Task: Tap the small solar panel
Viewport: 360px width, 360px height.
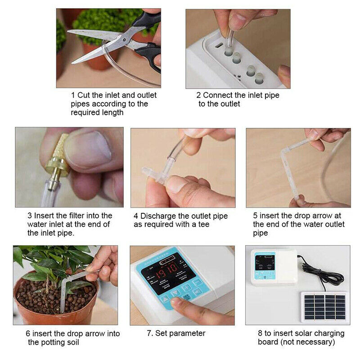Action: click(x=324, y=307)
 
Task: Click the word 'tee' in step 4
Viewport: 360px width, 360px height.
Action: click(x=203, y=225)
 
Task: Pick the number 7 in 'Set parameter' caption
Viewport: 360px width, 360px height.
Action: click(x=149, y=333)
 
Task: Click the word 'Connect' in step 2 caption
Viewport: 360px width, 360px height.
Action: click(x=218, y=95)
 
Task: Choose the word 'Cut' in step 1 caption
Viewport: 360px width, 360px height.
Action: click(x=84, y=95)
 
